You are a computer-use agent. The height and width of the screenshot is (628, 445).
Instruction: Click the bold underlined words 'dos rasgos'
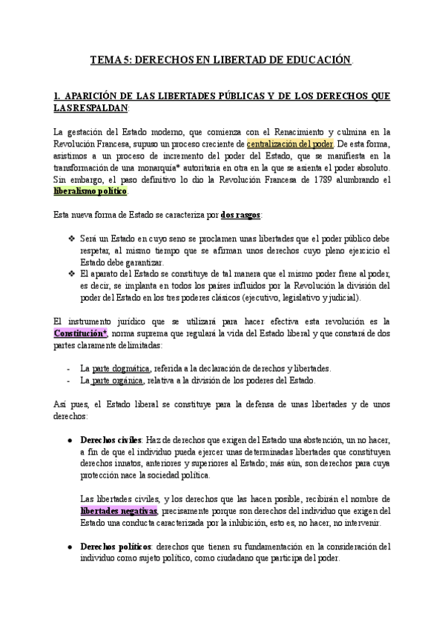click(x=240, y=215)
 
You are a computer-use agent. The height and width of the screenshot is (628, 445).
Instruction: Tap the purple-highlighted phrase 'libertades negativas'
click(x=118, y=510)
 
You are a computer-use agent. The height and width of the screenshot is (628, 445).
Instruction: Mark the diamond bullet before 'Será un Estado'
click(x=71, y=238)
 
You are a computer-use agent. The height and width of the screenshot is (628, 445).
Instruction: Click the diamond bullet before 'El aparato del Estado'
click(x=71, y=274)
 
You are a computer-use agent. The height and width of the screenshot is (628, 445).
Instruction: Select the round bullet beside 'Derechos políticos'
click(x=69, y=547)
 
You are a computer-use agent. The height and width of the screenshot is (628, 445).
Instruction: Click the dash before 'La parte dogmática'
click(x=68, y=368)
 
